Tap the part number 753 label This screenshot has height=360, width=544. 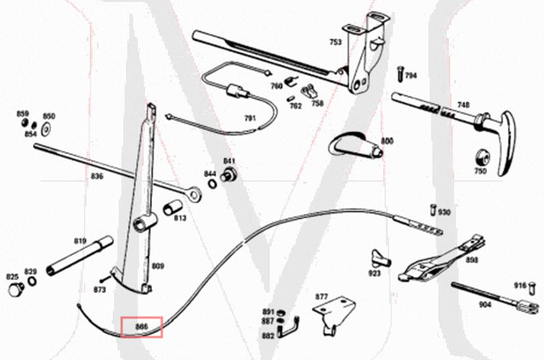click(335, 42)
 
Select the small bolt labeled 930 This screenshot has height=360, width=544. click(433, 210)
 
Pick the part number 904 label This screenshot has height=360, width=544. click(485, 304)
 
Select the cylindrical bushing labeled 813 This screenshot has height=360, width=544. click(171, 209)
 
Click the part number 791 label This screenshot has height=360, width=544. click(249, 119)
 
